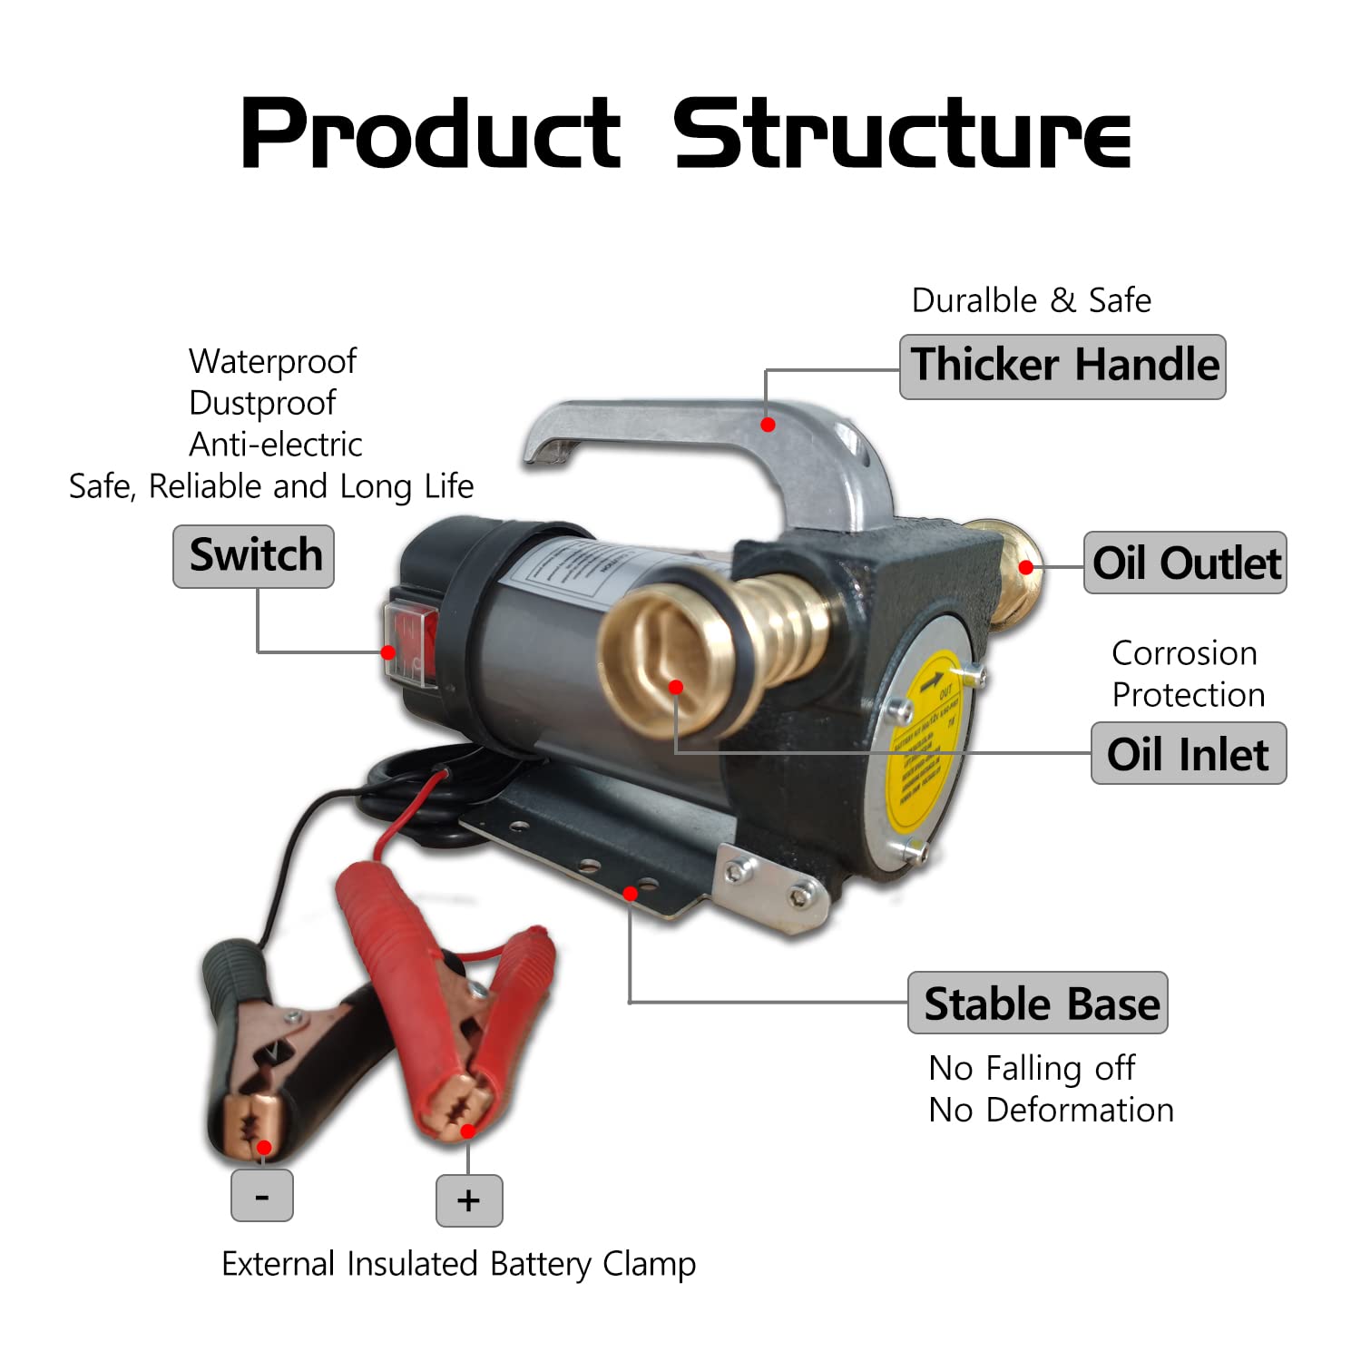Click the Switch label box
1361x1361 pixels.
[x=253, y=556]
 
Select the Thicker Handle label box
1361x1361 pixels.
[x=1062, y=367]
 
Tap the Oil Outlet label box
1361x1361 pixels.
[x=1185, y=563]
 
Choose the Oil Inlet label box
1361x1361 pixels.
[x=1189, y=753]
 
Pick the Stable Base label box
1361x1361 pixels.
[x=1038, y=1003]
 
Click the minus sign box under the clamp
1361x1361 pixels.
[x=262, y=1196]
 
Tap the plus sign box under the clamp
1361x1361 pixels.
[x=469, y=1200]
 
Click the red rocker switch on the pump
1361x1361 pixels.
[x=413, y=641]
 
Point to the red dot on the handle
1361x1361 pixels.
[x=768, y=425]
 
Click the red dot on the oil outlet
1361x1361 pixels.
[x=1026, y=568]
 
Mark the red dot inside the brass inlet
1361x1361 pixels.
[x=675, y=688]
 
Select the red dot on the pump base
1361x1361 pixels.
[x=631, y=894]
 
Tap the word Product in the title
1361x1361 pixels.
[x=431, y=134]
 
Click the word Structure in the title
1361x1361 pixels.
[x=901, y=134]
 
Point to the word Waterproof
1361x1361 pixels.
[x=272, y=362]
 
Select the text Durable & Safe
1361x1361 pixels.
[x=1032, y=300]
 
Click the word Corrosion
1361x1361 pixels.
[x=1184, y=653]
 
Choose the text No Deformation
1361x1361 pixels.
[x=1051, y=1110]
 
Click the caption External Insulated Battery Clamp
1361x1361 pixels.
[x=458, y=1264]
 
